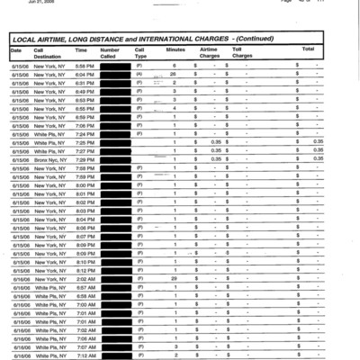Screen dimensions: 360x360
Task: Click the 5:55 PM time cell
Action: [84, 66]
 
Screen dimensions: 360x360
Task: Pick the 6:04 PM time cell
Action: [84, 74]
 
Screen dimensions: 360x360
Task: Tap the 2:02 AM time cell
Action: [84, 278]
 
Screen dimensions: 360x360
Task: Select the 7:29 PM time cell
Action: [84, 158]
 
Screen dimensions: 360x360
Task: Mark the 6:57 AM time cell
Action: [84, 286]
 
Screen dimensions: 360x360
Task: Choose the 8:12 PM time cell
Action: [84, 270]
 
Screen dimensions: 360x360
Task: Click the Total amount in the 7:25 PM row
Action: [318, 141]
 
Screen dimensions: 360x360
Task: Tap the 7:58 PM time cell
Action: [84, 167]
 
